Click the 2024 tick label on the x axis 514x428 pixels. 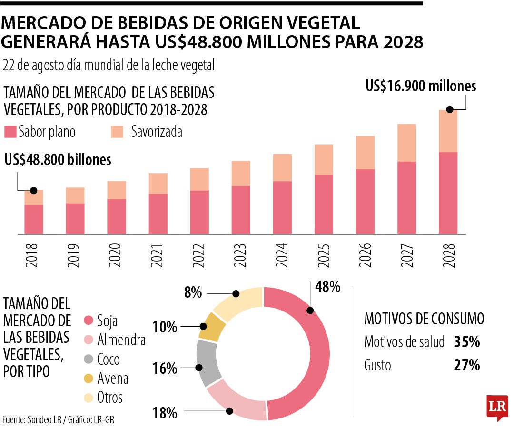tap(282, 255)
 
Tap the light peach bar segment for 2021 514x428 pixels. tap(158, 184)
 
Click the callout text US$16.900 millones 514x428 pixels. tap(421, 86)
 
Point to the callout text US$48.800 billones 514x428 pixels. tap(58, 160)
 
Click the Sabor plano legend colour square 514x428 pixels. tap(10, 132)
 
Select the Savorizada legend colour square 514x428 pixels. tap(117, 132)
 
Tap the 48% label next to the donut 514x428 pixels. tap(327, 287)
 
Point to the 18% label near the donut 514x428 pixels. tap(165, 413)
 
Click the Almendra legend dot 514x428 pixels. tap(88, 340)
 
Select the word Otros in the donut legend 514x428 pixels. tap(109, 397)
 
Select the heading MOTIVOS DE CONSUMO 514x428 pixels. tap(424, 319)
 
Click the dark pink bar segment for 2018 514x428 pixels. tap(34, 219)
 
